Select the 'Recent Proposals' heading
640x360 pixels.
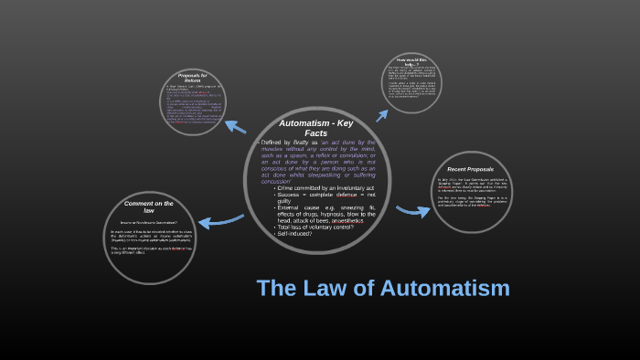pos(473,169)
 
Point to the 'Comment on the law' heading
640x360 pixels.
pos(149,206)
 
